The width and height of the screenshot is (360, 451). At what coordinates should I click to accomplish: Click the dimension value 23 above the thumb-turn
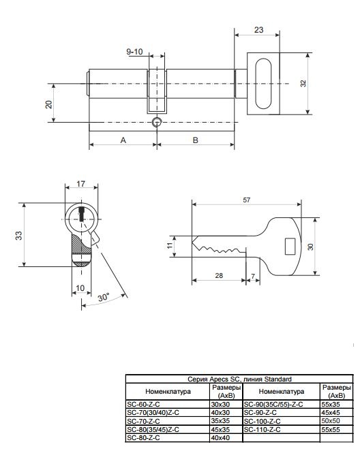coord(258,29)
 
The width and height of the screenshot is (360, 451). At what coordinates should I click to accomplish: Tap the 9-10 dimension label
coord(135,52)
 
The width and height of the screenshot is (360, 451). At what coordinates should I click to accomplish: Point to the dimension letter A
coord(123,140)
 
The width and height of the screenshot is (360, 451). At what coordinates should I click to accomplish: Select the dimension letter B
coord(196,140)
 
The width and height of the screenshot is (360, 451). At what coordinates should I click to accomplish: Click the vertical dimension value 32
coord(303,83)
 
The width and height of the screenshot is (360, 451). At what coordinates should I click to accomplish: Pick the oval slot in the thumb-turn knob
coord(263,84)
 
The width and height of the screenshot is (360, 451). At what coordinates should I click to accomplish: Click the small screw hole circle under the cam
coord(157,122)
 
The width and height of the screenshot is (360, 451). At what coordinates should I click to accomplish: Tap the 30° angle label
coord(103,297)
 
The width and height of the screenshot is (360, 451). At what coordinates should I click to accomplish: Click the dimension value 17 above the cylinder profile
coord(81,183)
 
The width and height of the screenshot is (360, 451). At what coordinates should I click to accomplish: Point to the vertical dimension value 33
coord(18,235)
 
